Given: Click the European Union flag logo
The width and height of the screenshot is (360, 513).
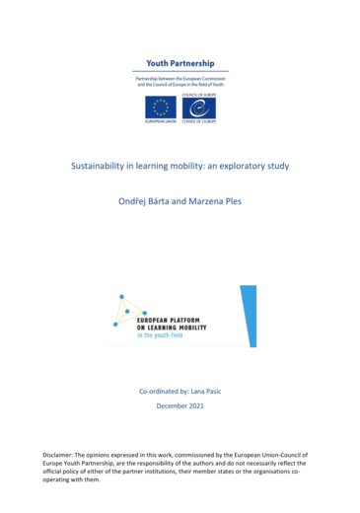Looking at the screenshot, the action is coord(160,106).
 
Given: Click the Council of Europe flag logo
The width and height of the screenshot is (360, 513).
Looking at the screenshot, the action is coord(196,107).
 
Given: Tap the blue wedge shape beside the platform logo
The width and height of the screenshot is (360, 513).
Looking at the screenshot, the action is coord(248,315).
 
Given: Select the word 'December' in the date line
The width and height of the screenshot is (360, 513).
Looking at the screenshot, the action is coord(170,405).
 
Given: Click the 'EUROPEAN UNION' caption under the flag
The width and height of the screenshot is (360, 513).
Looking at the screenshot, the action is coord(161,122).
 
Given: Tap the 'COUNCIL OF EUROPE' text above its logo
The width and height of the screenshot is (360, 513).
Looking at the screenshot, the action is coord(197,92).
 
